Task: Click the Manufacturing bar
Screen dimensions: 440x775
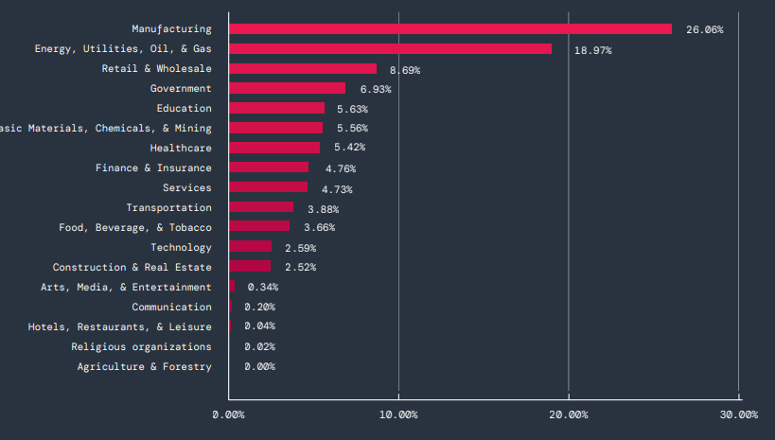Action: coord(449,29)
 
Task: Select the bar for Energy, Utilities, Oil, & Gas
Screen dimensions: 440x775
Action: coord(390,49)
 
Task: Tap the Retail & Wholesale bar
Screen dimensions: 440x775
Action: coord(303,69)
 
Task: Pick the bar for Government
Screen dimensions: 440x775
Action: coord(288,89)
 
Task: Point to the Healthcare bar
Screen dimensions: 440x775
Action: coord(274,148)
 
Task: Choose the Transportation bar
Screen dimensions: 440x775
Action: coord(261,207)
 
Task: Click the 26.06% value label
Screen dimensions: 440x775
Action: coord(704,30)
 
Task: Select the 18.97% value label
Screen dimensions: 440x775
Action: coord(592,50)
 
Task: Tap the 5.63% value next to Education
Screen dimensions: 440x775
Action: coord(352,109)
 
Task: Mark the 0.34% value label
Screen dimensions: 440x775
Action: coord(262,288)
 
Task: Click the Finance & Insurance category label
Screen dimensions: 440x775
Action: coord(153,168)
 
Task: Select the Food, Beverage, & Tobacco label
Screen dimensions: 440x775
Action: coord(135,228)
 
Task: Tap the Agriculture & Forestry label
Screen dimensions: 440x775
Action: coord(144,367)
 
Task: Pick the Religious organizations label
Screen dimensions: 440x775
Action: coord(141,347)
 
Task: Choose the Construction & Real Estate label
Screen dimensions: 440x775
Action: coord(132,268)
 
